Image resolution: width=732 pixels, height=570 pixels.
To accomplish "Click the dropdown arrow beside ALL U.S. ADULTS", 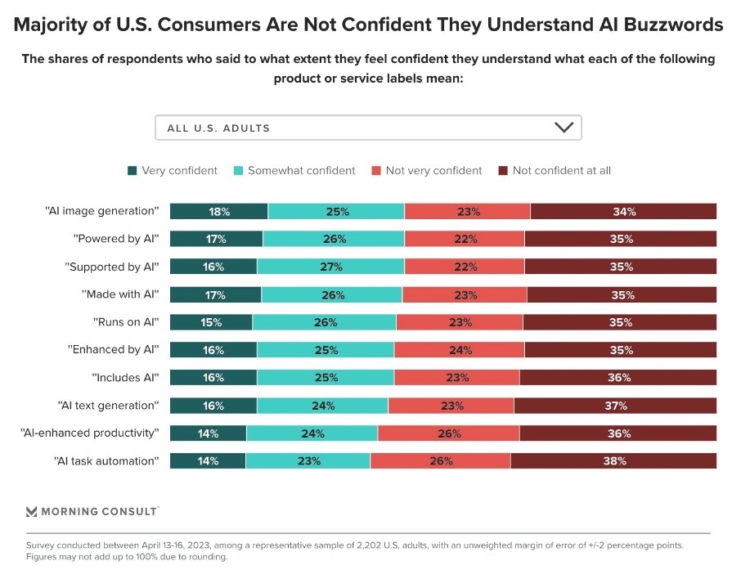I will (564, 128).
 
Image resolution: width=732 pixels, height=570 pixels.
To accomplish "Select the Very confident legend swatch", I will (132, 171).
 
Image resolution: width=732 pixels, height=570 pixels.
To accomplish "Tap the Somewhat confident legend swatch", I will (238, 171).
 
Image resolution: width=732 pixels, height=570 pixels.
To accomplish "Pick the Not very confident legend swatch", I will (376, 171).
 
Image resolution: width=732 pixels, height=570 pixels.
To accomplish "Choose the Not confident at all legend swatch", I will (504, 171).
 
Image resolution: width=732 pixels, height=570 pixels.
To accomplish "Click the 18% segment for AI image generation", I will (218, 211).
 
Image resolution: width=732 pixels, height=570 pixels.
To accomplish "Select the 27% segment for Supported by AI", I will (330, 267).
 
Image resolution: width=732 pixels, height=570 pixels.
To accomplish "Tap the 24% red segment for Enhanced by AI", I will (460, 350).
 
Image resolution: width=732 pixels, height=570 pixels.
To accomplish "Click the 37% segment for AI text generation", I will (616, 406).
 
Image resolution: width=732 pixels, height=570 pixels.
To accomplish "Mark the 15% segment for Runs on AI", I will (211, 322).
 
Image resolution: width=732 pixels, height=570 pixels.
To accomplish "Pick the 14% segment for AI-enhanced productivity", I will (208, 433).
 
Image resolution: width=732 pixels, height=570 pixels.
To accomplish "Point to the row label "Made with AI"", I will (120, 294).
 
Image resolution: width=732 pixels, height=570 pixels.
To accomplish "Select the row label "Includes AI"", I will (125, 378).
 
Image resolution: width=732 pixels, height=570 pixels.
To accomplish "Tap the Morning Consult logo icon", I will (32, 511).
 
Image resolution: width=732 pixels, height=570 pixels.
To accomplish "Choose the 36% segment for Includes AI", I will (618, 378).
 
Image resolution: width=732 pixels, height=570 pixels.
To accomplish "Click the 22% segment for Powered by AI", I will (465, 239).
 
